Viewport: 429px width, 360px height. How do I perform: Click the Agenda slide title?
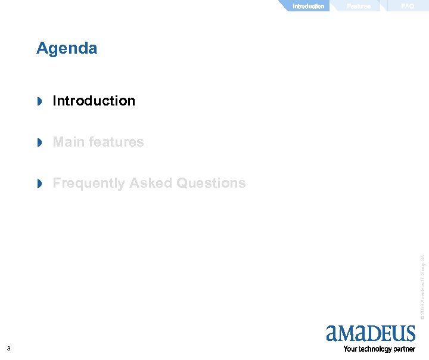[x=67, y=48]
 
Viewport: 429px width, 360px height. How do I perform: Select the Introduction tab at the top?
[x=308, y=6]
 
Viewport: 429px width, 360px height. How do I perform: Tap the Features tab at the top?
[x=359, y=6]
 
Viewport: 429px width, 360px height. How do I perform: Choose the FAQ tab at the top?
[x=408, y=6]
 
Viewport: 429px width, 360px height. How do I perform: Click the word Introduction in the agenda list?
[x=94, y=101]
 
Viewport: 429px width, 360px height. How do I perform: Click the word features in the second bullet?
[x=116, y=142]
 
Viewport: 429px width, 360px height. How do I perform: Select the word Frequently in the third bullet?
[x=88, y=183]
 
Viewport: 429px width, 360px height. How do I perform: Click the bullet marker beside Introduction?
[x=40, y=101]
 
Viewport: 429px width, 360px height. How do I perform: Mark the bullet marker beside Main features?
[x=40, y=142]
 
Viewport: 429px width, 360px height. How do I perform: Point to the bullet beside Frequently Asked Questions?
[x=40, y=184]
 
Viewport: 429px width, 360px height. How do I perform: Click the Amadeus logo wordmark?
[x=371, y=333]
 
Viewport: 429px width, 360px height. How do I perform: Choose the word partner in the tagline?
[x=404, y=349]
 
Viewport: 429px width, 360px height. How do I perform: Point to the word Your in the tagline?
[x=350, y=349]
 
